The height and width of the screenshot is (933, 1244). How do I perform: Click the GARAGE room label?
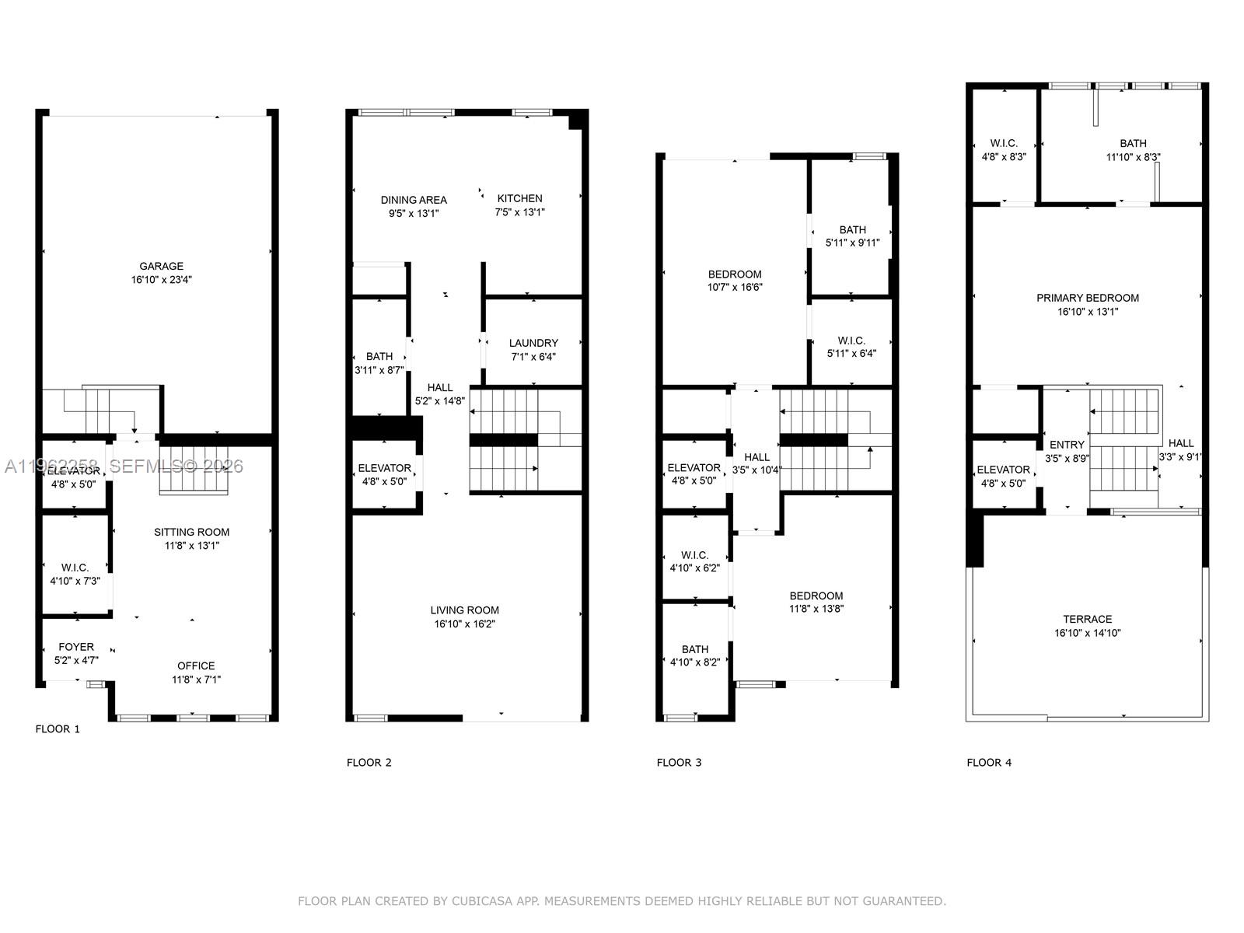click(162, 267)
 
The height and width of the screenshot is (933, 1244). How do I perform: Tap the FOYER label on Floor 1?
click(76, 647)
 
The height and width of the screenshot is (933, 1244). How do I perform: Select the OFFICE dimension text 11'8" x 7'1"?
click(196, 680)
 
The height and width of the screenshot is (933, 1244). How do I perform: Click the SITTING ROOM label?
click(191, 533)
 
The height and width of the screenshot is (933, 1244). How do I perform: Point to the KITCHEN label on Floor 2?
click(519, 198)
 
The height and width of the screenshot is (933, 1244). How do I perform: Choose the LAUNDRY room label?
click(533, 343)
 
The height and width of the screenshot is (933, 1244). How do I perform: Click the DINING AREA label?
click(414, 200)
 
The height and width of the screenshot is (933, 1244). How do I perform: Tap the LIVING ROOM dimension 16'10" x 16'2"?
click(465, 624)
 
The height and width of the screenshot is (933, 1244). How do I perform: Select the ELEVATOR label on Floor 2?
click(384, 468)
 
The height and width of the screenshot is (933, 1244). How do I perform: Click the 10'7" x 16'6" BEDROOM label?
click(735, 274)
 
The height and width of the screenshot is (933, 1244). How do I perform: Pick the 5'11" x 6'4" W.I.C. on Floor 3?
click(851, 341)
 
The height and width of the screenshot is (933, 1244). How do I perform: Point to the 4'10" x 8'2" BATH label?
click(695, 649)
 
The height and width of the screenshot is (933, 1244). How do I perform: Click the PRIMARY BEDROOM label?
click(1088, 298)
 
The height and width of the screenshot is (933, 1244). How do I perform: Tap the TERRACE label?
click(1088, 620)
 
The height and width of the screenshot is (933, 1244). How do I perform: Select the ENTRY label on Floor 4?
click(1067, 445)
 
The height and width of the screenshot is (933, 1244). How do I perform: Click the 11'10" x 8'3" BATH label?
click(1133, 143)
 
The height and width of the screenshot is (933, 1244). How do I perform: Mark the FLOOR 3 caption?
click(679, 763)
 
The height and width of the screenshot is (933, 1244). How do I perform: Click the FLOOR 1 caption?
click(58, 729)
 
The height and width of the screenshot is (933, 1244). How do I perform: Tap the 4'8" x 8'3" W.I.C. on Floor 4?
click(1004, 143)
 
